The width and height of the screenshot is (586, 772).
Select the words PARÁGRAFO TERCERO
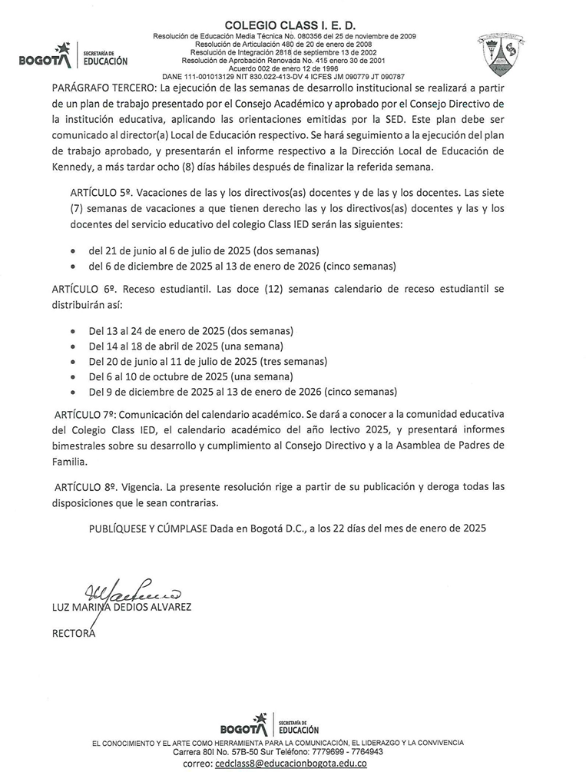click(104, 87)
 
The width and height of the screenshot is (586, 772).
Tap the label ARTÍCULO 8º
click(84, 486)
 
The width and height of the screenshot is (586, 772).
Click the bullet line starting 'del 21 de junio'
click(204, 250)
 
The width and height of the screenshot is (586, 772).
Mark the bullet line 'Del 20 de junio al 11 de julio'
click(207, 361)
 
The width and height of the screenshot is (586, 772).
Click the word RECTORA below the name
click(73, 634)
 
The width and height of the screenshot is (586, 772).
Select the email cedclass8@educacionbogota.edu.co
click(290, 764)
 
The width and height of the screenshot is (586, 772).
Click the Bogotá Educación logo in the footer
click(270, 725)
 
